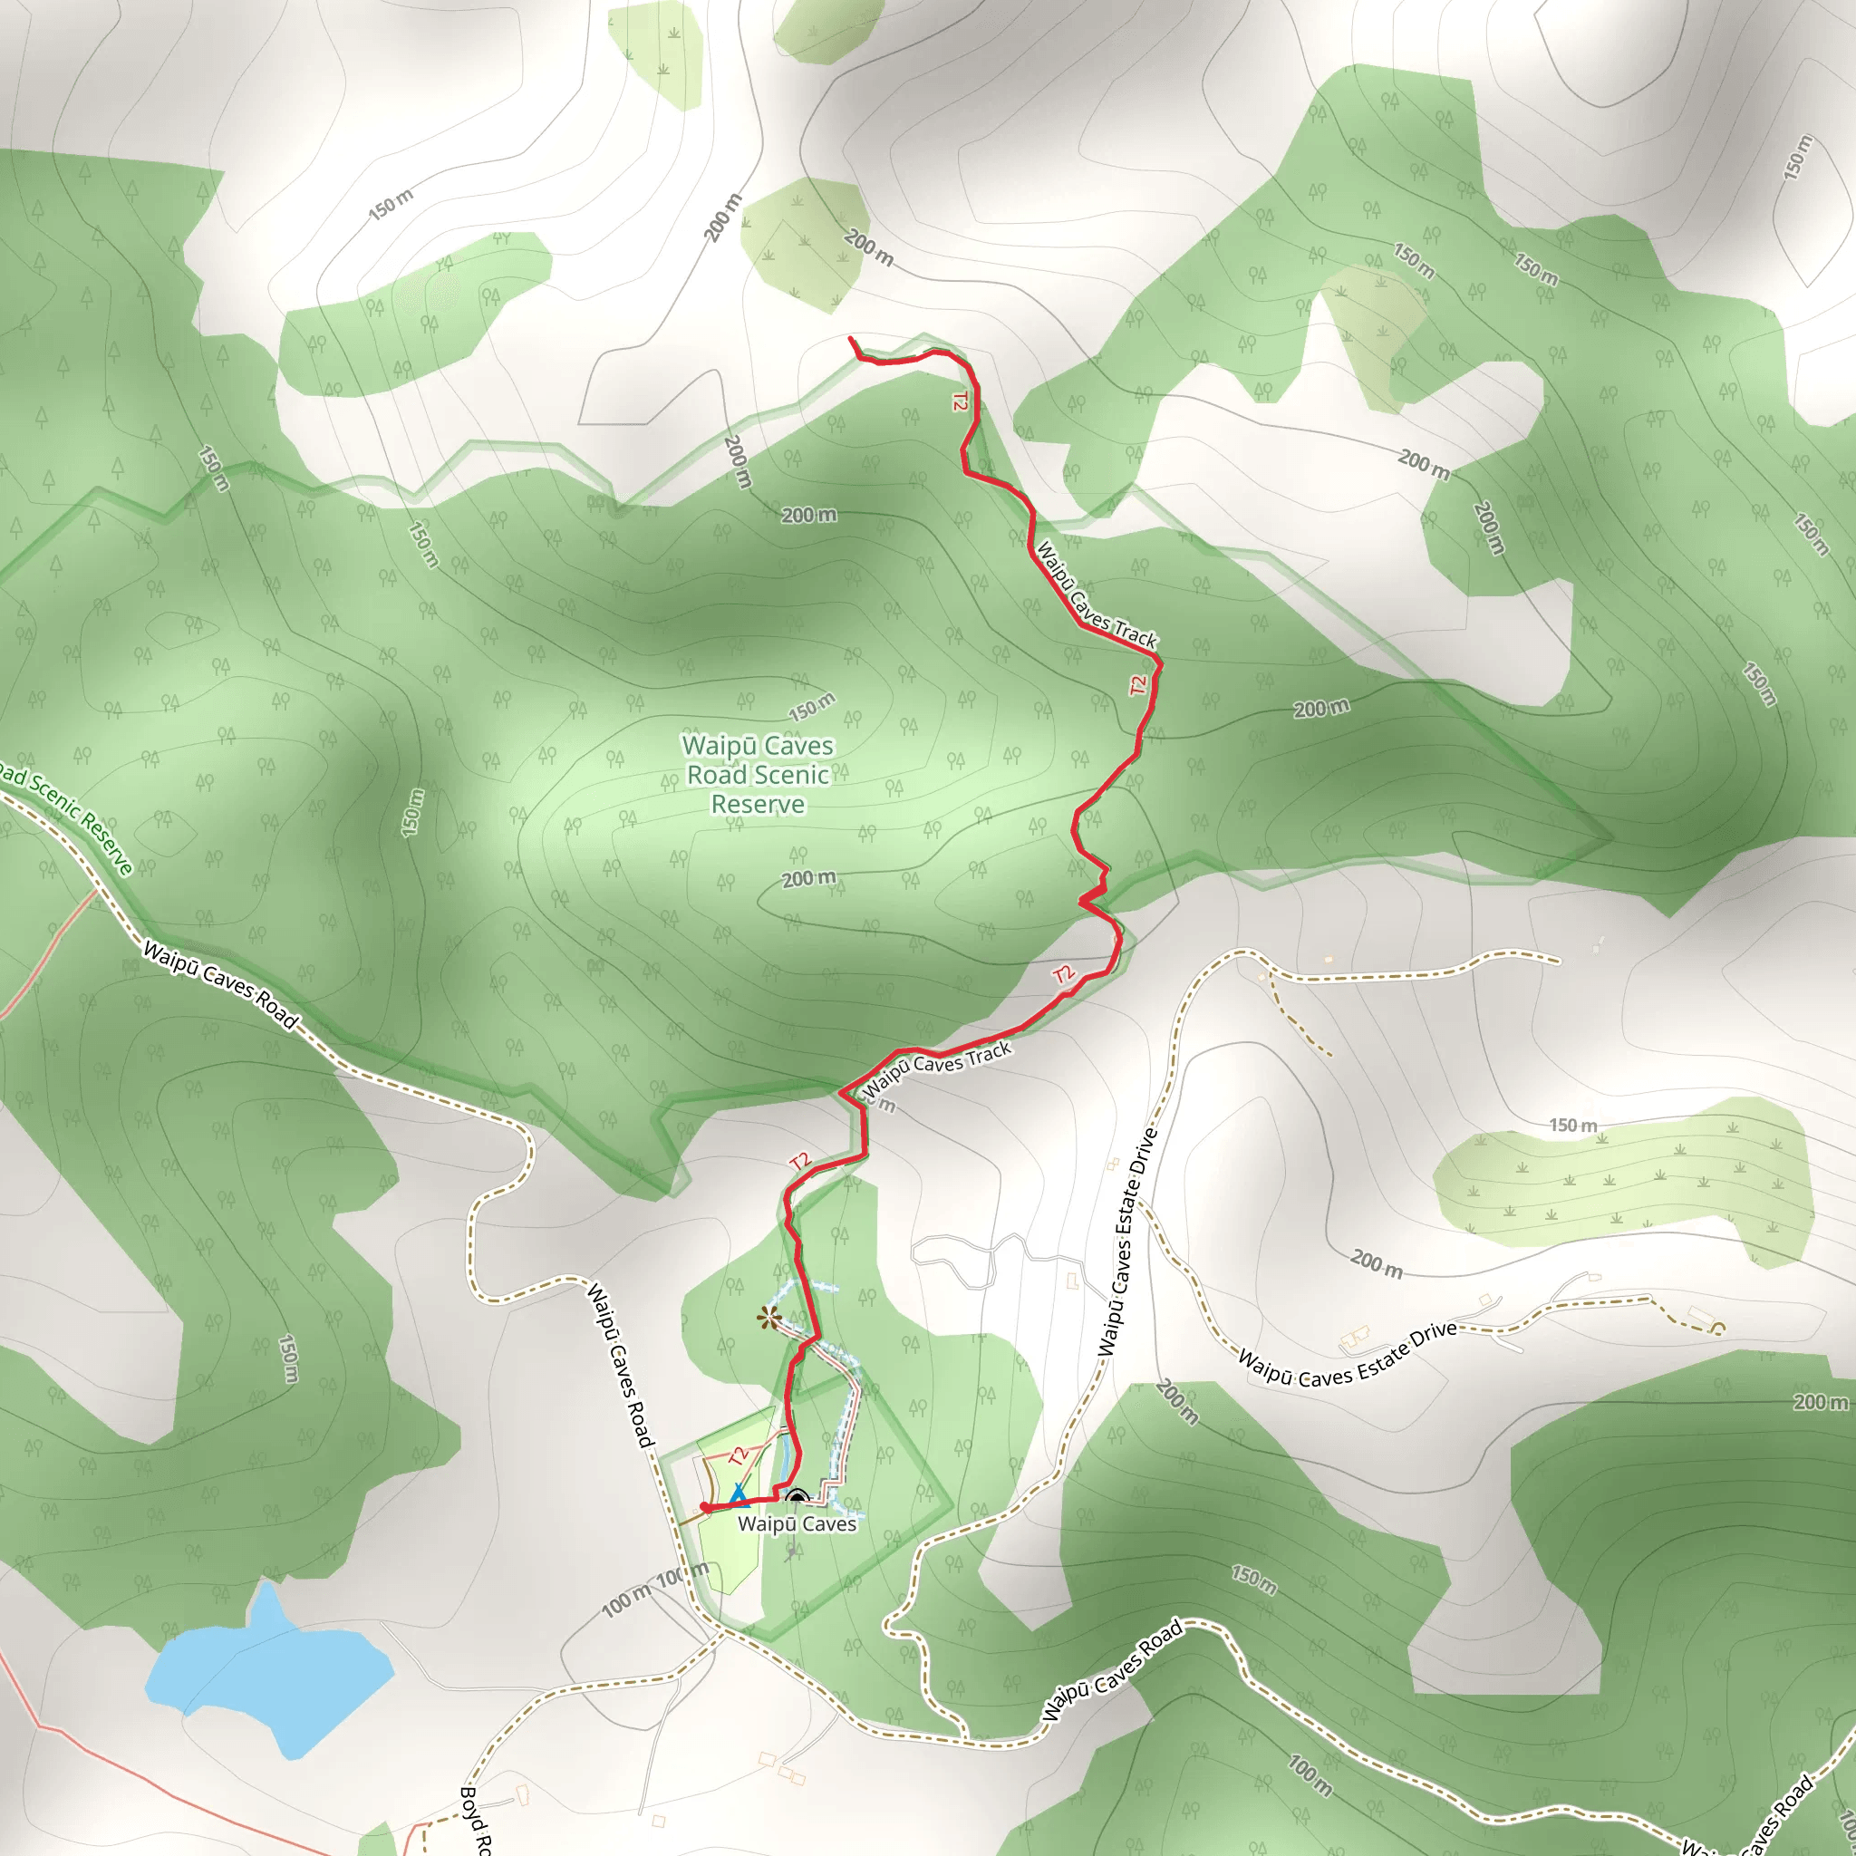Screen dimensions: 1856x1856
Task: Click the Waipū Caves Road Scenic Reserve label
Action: point(758,774)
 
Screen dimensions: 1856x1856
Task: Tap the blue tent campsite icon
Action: point(738,1493)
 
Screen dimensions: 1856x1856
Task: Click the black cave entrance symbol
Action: point(797,1497)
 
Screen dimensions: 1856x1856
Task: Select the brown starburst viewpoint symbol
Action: point(768,1318)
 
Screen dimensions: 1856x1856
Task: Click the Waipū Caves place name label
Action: point(797,1523)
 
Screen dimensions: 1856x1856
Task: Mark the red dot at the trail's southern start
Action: point(705,1507)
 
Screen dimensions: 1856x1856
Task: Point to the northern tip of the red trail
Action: point(851,338)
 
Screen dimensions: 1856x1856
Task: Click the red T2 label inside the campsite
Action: point(738,1456)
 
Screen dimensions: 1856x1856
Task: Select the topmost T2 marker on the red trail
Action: point(959,401)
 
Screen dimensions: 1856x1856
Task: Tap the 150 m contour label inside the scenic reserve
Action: point(812,708)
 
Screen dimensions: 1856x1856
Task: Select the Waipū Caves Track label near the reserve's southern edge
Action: point(938,1068)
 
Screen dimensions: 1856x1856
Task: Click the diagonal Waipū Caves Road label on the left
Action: point(220,985)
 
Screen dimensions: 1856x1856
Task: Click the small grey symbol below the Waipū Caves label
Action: point(789,1551)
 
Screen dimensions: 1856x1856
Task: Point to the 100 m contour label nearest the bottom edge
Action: point(1310,1775)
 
